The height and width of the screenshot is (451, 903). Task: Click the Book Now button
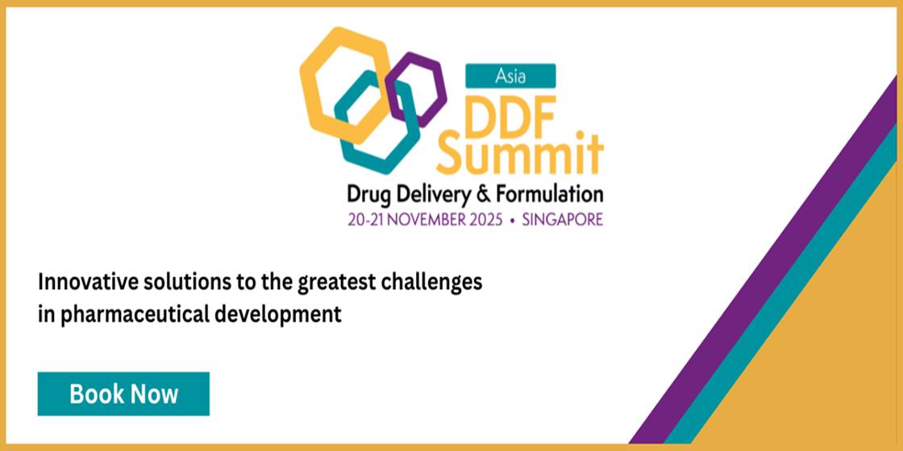pyautogui.click(x=123, y=394)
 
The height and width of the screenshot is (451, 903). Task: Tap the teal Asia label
pyautogui.click(x=511, y=76)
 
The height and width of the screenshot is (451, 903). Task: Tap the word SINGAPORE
pyautogui.click(x=563, y=220)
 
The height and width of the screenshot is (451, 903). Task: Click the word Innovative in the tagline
pyautogui.click(x=85, y=283)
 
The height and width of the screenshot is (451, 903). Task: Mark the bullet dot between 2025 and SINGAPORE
pyautogui.click(x=513, y=220)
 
